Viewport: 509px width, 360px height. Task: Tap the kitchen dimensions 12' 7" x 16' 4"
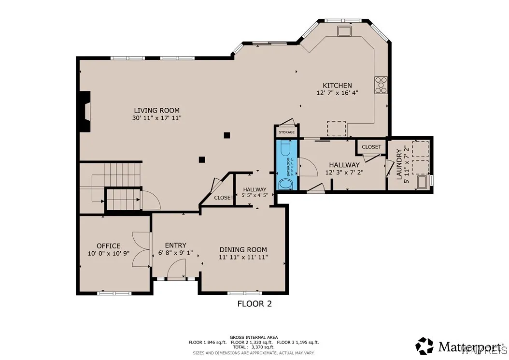(x=337, y=93)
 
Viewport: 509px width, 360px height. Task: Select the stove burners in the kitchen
(x=381, y=85)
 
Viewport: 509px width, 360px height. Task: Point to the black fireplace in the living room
(x=85, y=112)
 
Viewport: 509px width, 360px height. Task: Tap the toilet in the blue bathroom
(x=283, y=146)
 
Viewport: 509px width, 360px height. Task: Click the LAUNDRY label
(x=399, y=165)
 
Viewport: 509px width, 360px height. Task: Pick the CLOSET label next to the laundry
(x=371, y=147)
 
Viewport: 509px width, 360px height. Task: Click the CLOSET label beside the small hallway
(x=223, y=198)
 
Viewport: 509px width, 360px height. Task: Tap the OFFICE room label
(x=109, y=246)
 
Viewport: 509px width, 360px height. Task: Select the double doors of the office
(x=141, y=249)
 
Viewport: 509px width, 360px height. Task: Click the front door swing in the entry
(x=177, y=268)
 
